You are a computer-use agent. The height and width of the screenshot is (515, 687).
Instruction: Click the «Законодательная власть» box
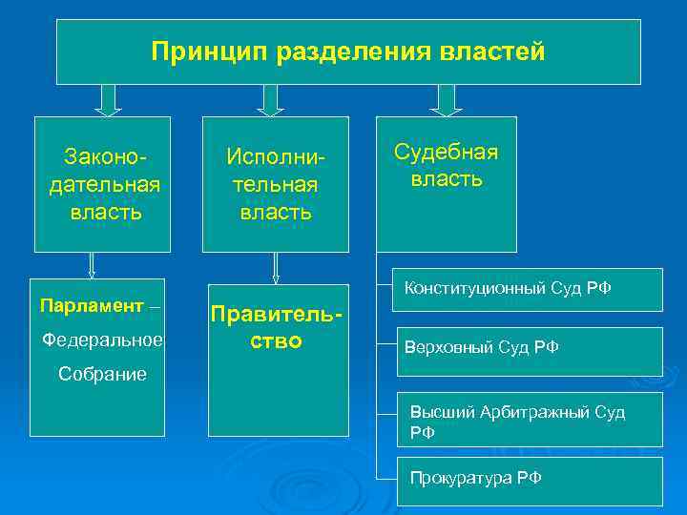[x=103, y=184]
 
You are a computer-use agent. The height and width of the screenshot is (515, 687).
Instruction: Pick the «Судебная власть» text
[x=447, y=165]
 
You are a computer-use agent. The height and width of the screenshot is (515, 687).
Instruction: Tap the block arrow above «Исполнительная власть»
[x=269, y=100]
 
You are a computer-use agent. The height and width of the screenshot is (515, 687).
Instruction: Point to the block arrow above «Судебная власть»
[x=446, y=100]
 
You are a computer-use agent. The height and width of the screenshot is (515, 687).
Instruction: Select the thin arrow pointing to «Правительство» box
[x=275, y=267]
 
